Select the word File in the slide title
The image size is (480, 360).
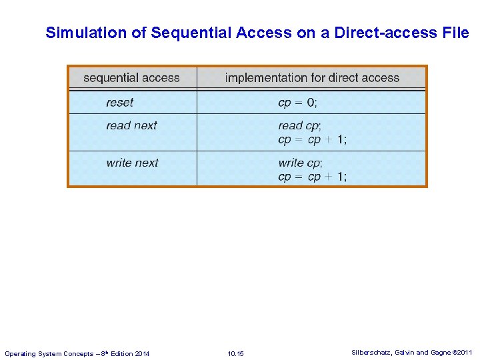click(x=455, y=33)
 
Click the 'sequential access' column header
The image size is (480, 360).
click(x=131, y=78)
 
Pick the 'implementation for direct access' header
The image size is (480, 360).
click(x=312, y=78)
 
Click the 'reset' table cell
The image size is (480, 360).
click(x=119, y=103)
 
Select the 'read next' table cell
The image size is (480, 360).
click(x=131, y=125)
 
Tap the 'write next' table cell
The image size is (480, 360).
click(x=132, y=163)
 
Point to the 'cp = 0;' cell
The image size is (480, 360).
click(x=298, y=103)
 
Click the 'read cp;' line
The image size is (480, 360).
click(x=299, y=125)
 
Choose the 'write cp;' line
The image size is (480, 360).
click(x=300, y=163)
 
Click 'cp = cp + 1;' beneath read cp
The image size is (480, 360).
click(x=312, y=139)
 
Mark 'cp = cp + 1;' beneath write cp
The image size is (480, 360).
click(x=312, y=177)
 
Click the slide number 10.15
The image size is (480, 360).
click(x=235, y=353)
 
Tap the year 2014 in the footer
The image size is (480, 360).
click(x=141, y=353)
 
